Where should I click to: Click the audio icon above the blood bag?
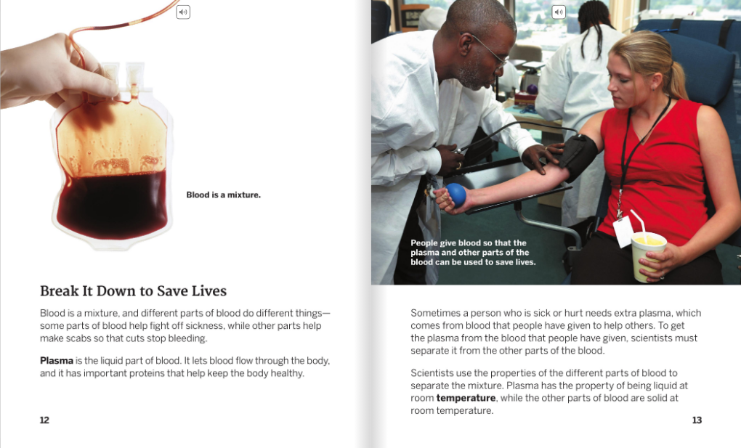pyautogui.click(x=183, y=12)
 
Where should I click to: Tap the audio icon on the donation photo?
pyautogui.click(x=559, y=12)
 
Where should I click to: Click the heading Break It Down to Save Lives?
pyautogui.click(x=133, y=290)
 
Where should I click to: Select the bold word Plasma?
pyautogui.click(x=56, y=361)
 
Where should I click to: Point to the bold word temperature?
pyautogui.click(x=466, y=398)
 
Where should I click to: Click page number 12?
pyautogui.click(x=44, y=420)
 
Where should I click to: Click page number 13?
pyautogui.click(x=697, y=420)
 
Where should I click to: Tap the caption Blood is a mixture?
pyautogui.click(x=224, y=195)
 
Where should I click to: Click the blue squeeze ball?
pyautogui.click(x=455, y=195)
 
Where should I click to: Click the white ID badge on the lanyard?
pyautogui.click(x=623, y=232)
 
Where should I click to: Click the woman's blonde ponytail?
pyautogui.click(x=677, y=78)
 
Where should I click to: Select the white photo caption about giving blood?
pyautogui.click(x=473, y=253)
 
